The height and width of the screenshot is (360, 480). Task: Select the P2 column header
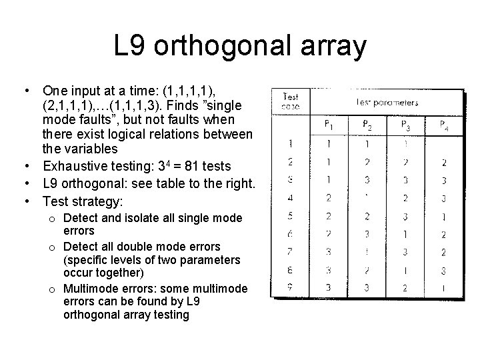(368, 124)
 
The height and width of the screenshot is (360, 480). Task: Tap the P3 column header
(406, 124)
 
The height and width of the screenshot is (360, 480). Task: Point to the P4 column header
(444, 124)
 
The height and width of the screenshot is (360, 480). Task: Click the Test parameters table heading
(387, 102)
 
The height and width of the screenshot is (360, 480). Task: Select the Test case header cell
(290, 101)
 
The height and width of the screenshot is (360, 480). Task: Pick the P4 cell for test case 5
(444, 217)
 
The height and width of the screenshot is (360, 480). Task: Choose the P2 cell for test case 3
(368, 180)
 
